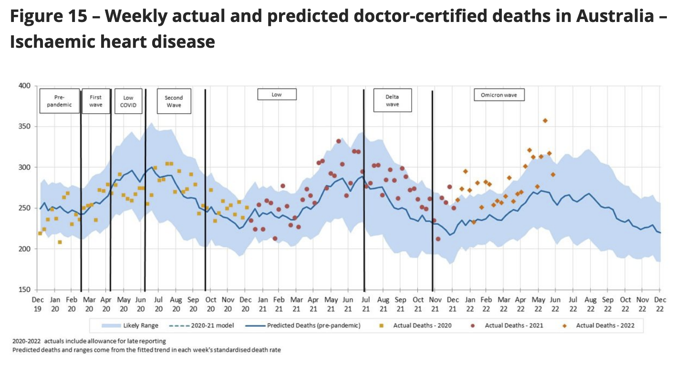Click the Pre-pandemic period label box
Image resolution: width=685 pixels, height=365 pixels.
point(60,100)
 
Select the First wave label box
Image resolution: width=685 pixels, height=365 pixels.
point(96,100)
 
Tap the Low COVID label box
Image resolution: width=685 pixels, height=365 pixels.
point(128,100)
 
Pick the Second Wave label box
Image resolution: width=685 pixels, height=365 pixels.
point(174,101)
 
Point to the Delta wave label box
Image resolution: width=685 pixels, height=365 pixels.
point(392,100)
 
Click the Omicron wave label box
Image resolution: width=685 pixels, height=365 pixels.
point(499,95)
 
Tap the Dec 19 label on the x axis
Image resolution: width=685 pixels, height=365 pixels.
point(38,304)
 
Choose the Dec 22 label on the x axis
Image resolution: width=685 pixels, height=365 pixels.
point(660,304)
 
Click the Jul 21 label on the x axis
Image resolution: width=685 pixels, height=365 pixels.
point(365,304)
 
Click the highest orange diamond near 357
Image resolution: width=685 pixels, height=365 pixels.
point(545,120)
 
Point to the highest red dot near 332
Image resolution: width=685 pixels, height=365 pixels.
point(338,141)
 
